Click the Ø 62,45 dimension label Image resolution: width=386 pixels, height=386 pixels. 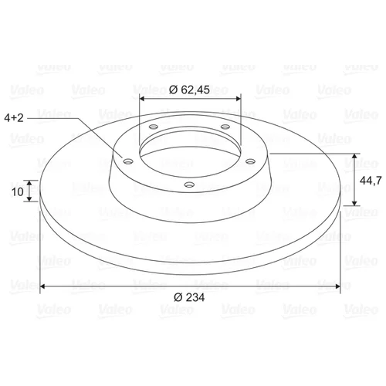pyautogui.click(x=189, y=90)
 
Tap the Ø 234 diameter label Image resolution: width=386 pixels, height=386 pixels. pyautogui.click(x=189, y=297)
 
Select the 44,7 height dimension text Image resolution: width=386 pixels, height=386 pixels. pyautogui.click(x=371, y=181)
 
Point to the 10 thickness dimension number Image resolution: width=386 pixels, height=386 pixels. pyautogui.click(x=18, y=191)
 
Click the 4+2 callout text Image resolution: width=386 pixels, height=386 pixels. pyautogui.click(x=14, y=118)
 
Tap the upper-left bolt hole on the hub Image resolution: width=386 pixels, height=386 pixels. pyautogui.click(x=154, y=127)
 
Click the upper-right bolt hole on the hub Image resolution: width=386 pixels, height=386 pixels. pyautogui.click(x=225, y=127)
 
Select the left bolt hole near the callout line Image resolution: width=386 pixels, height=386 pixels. pyautogui.click(x=128, y=161)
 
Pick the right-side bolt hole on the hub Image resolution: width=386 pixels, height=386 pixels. pyautogui.click(x=250, y=161)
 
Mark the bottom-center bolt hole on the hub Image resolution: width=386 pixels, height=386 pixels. pyautogui.click(x=189, y=185)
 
